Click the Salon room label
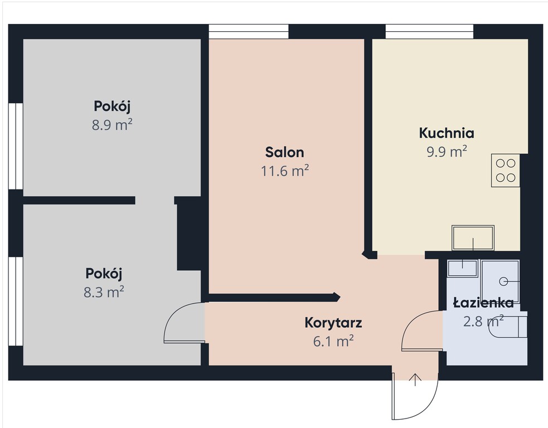tap(284, 152)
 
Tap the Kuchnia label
tap(447, 133)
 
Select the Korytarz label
tap(333, 323)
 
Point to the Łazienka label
tap(483, 303)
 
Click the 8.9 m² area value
tap(112, 125)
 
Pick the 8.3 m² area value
tap(104, 292)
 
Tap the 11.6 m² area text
tap(285, 171)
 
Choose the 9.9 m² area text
tap(447, 152)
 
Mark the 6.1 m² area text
tap(333, 342)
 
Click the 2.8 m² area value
tap(483, 322)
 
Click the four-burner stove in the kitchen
tap(506, 171)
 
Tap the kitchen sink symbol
tap(473, 238)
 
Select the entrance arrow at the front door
tap(415, 380)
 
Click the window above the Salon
tap(249, 31)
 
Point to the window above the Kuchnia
tap(429, 31)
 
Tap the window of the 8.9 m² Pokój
tap(16, 147)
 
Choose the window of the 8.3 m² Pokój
tap(16, 301)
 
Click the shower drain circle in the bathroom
tap(503, 281)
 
